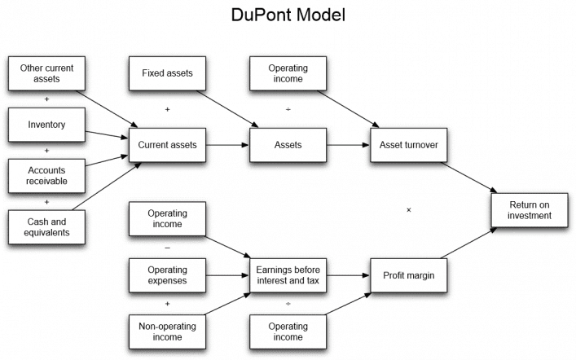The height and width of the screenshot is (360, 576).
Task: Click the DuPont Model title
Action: [288, 16]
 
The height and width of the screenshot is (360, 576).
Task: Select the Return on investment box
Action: [530, 209]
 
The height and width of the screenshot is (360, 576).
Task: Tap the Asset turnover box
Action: [409, 145]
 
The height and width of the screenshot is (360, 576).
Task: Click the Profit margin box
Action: [409, 275]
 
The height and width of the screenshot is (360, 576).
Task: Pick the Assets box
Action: [288, 145]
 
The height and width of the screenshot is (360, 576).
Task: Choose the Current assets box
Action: [166, 145]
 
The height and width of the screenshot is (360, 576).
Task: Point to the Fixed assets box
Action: [166, 73]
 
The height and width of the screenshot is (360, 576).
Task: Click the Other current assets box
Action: [46, 74]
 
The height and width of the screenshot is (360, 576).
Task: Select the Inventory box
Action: [46, 125]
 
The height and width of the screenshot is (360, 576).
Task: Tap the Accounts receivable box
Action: [46, 175]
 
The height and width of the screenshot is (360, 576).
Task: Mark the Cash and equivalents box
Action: [46, 226]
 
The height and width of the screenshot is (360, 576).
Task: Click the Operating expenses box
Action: [166, 275]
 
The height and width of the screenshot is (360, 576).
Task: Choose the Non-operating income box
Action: [166, 331]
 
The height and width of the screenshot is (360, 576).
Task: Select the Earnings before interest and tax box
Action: [288, 275]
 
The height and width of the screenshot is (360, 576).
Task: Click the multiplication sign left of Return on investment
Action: [408, 210]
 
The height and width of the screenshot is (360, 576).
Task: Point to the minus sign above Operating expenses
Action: [167, 248]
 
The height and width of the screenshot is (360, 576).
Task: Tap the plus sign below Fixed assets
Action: [167, 109]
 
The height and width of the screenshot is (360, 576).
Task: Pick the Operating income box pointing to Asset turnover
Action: [288, 73]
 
